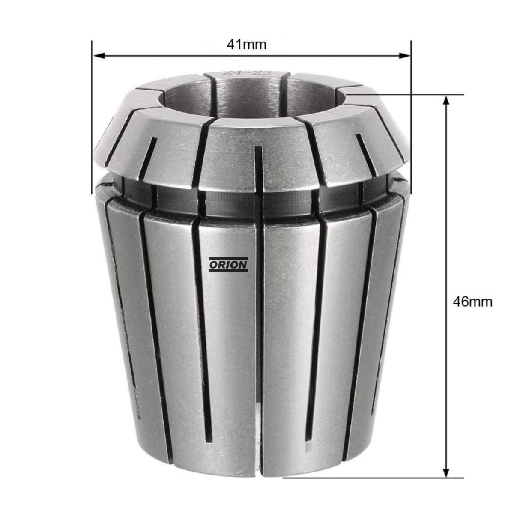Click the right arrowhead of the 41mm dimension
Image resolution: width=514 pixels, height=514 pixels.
tap(405, 55)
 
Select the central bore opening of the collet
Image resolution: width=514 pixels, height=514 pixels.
tap(248, 96)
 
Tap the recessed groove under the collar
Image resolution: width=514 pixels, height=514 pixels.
tap(257, 201)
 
